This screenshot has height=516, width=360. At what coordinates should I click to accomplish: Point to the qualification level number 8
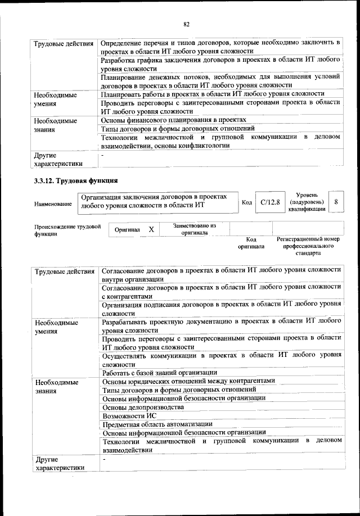point(336,202)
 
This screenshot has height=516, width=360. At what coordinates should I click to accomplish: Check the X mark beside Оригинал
point(151,230)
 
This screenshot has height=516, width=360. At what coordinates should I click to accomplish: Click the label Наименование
point(55,204)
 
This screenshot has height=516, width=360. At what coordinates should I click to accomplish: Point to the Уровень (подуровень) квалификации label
point(307,202)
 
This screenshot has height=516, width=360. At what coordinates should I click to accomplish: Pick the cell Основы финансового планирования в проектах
point(173,120)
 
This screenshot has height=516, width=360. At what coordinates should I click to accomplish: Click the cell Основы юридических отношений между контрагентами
point(188,381)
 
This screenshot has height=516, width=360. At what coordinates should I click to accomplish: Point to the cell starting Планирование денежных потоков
point(220,81)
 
